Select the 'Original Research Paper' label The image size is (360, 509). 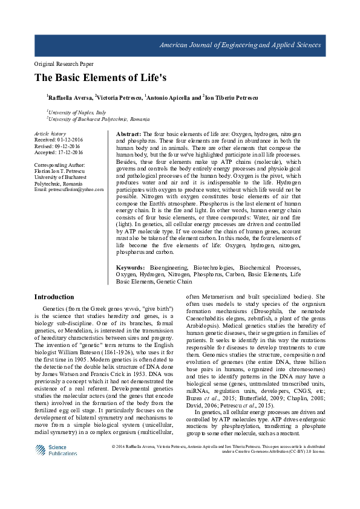pyautogui.click(x=64, y=63)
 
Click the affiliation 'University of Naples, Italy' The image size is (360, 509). pyautogui.click(x=77, y=112)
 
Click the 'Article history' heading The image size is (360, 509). pyautogui.click(x=50, y=133)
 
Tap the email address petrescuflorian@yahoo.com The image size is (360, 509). pyautogui.click(x=68, y=190)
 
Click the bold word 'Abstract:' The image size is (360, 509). pyautogui.click(x=128, y=133)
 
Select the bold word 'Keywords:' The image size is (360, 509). pyautogui.click(x=130, y=267)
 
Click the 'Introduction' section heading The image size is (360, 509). pyautogui.click(x=54, y=297)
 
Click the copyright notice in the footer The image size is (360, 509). pyautogui.click(x=219, y=449)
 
